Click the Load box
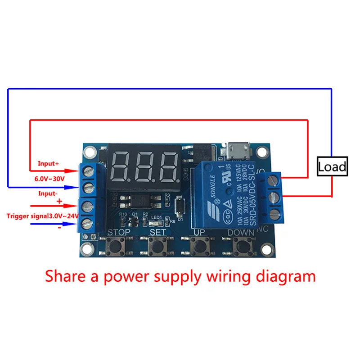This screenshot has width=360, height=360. click(332, 167)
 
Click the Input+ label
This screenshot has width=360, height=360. click(49, 163)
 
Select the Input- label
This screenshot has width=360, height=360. click(48, 193)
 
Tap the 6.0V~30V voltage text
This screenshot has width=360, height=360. click(50, 179)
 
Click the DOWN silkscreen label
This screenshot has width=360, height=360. click(240, 232)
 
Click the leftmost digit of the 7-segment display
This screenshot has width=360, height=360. click(121, 166)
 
